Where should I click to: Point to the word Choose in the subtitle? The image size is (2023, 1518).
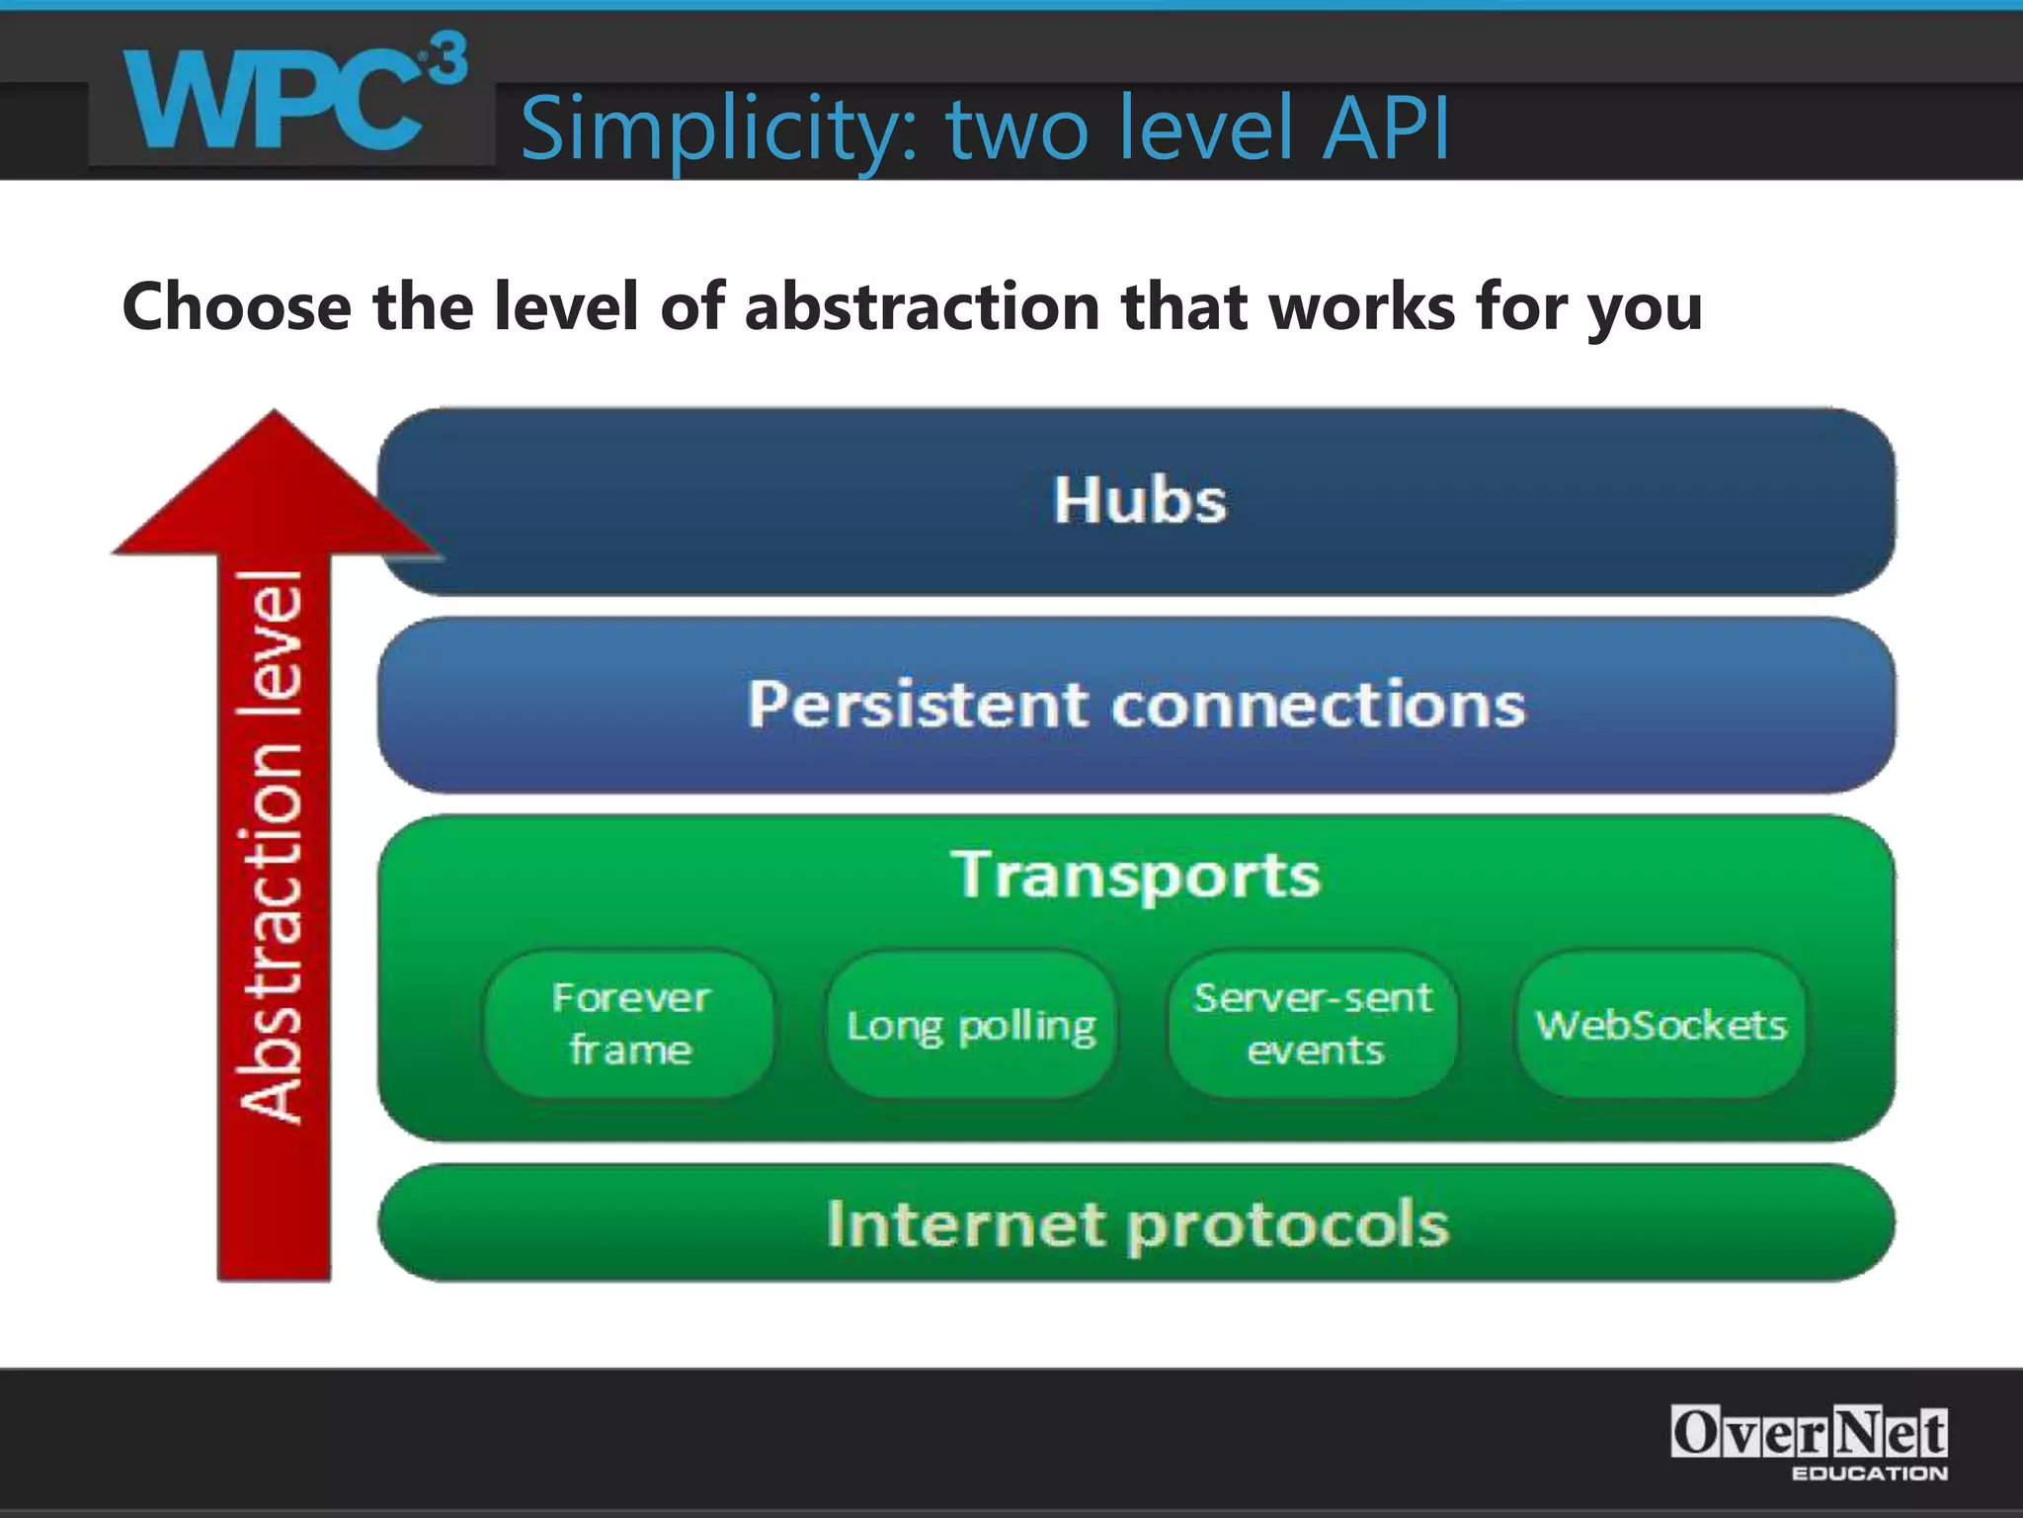(236, 306)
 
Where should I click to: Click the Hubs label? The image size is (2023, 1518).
(1138, 500)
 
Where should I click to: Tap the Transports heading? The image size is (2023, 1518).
(1136, 876)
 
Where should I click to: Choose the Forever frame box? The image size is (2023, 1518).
(630, 1024)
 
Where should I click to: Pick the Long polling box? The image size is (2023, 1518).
(971, 1026)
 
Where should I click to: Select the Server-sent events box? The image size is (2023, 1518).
(1313, 1024)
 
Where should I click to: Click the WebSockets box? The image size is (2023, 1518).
(1660, 1025)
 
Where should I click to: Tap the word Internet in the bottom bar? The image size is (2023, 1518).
(965, 1224)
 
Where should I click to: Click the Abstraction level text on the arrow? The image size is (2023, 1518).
(272, 847)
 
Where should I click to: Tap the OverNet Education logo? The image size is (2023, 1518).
(1809, 1442)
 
